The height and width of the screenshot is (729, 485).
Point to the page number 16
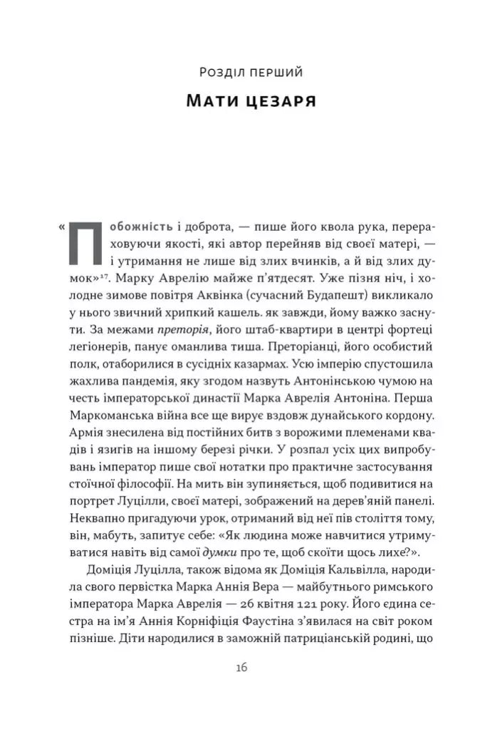241,668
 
